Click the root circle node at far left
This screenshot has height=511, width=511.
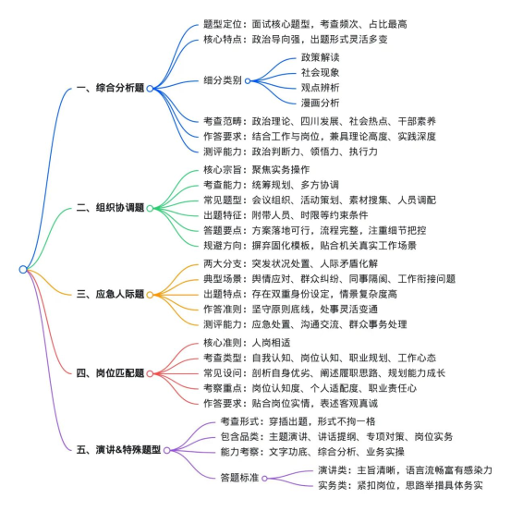coord(23,270)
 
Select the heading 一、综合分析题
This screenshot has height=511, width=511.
coord(111,88)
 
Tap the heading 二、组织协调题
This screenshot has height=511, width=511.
coord(111,208)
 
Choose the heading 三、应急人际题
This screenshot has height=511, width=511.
coord(111,294)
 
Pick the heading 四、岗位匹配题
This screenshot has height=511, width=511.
coord(111,373)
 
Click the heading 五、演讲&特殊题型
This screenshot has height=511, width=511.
coord(118,450)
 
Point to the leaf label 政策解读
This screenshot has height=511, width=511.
coord(321,57)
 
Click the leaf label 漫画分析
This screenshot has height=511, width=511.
coord(321,103)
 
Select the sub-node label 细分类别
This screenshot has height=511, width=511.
coord(223,80)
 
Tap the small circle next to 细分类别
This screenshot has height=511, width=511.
coord(248,80)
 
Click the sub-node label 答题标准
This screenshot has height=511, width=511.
coord(239,478)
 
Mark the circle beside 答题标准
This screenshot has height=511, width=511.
coord(264,479)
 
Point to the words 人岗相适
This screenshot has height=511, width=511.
coord(271,343)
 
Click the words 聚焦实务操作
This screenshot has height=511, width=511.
coord(281,170)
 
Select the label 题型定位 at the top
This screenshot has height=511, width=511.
coord(223,24)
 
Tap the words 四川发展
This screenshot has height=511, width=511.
coord(320,122)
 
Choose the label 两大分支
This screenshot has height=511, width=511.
coord(223,263)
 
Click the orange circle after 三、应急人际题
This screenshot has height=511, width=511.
coord(150,295)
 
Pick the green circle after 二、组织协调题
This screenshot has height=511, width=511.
coord(150,208)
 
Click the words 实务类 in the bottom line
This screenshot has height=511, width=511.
coord(333,485)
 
